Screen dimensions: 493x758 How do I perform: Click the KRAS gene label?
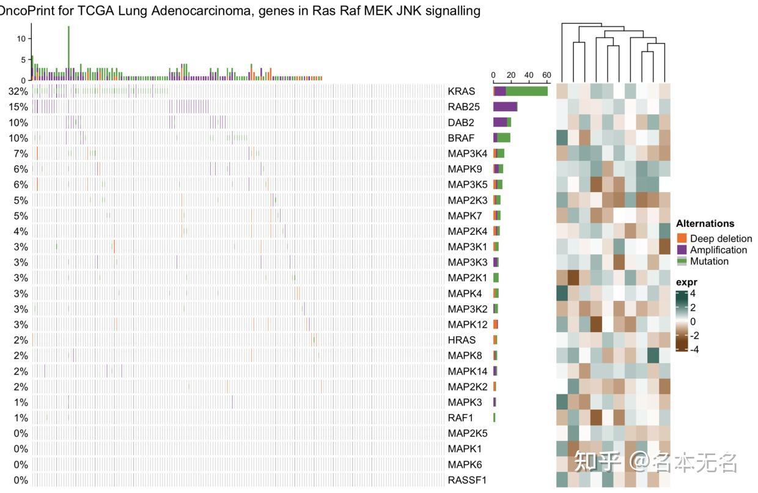click(x=461, y=92)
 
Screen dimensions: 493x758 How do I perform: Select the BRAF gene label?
click(x=461, y=138)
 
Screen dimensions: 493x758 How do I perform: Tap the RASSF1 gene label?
click(x=467, y=480)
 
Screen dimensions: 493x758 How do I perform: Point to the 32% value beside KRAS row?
click(x=18, y=92)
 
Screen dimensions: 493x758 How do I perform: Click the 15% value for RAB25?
click(x=18, y=107)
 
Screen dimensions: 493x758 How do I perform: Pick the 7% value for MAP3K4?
click(x=21, y=154)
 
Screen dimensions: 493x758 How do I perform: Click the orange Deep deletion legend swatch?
click(x=682, y=239)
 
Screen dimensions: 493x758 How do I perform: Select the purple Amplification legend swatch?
click(x=682, y=250)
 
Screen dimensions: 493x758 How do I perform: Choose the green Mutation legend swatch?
click(x=682, y=261)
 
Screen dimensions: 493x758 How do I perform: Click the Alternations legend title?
click(x=705, y=224)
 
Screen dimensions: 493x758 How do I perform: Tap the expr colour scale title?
click(x=686, y=283)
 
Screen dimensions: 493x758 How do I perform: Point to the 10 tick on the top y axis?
click(x=21, y=39)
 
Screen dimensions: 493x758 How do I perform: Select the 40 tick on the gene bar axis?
click(x=529, y=75)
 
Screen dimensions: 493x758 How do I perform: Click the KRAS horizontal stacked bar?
click(x=520, y=91)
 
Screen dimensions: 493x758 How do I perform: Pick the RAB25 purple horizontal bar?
click(x=505, y=107)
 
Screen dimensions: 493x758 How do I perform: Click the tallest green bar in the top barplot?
click(x=68, y=49)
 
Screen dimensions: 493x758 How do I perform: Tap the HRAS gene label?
click(x=462, y=340)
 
